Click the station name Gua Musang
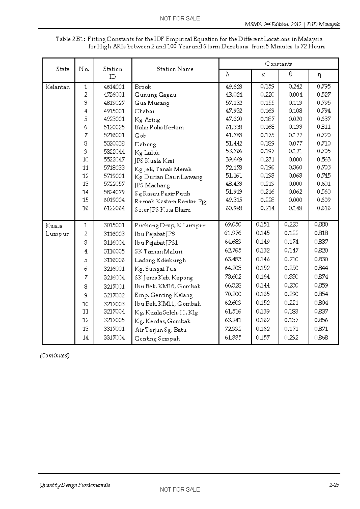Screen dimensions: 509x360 152,103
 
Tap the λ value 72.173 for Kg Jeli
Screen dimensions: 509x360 234,168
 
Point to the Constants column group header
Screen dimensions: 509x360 278,64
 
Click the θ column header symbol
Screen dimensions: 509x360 291,74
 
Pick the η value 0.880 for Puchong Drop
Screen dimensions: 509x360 321,224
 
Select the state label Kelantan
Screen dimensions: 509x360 57,87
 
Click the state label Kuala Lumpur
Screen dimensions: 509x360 57,230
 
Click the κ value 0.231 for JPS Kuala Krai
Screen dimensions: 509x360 267,160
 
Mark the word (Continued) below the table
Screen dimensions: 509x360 55,356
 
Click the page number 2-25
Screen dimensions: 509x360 334,485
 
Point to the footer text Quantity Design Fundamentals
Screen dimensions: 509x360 75,485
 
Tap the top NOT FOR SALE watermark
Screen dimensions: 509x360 180,19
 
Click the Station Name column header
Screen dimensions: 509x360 175,69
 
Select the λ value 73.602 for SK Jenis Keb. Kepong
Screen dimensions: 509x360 233,277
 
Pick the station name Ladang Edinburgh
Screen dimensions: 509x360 160,260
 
